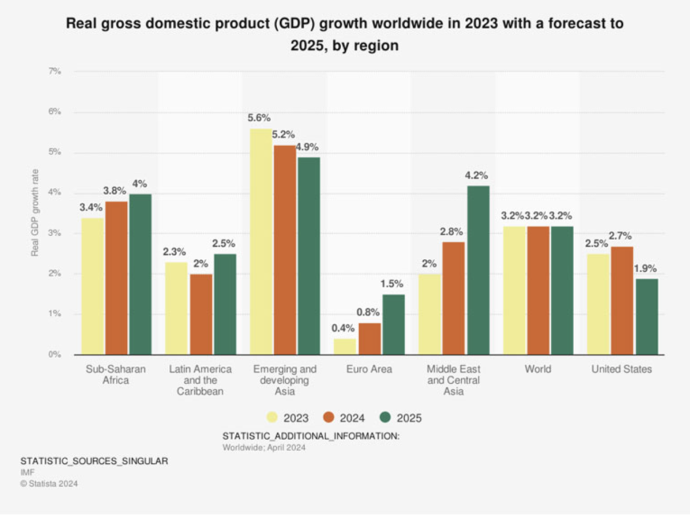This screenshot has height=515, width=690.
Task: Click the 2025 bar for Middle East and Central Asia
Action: click(x=478, y=270)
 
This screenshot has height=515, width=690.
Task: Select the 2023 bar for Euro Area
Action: click(x=345, y=346)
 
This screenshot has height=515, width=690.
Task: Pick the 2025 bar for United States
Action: click(x=646, y=316)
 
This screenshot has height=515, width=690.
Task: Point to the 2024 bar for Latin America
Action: click(x=200, y=314)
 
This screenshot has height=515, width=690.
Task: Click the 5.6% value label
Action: click(x=259, y=118)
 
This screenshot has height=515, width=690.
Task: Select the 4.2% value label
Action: click(x=477, y=175)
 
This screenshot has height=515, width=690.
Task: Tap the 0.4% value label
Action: click(x=344, y=328)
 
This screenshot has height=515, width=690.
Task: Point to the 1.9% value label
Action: click(x=646, y=268)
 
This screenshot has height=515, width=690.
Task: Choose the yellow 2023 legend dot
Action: click(x=273, y=418)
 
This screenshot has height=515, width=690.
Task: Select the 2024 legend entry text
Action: click(x=351, y=418)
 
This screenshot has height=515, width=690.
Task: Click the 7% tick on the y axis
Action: click(x=55, y=71)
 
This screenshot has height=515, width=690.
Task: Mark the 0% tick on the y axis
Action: click(x=55, y=355)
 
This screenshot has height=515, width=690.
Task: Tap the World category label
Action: click(x=537, y=369)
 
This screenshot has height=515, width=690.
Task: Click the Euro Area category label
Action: click(x=369, y=369)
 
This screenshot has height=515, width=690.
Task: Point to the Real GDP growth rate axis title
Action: click(x=35, y=213)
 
